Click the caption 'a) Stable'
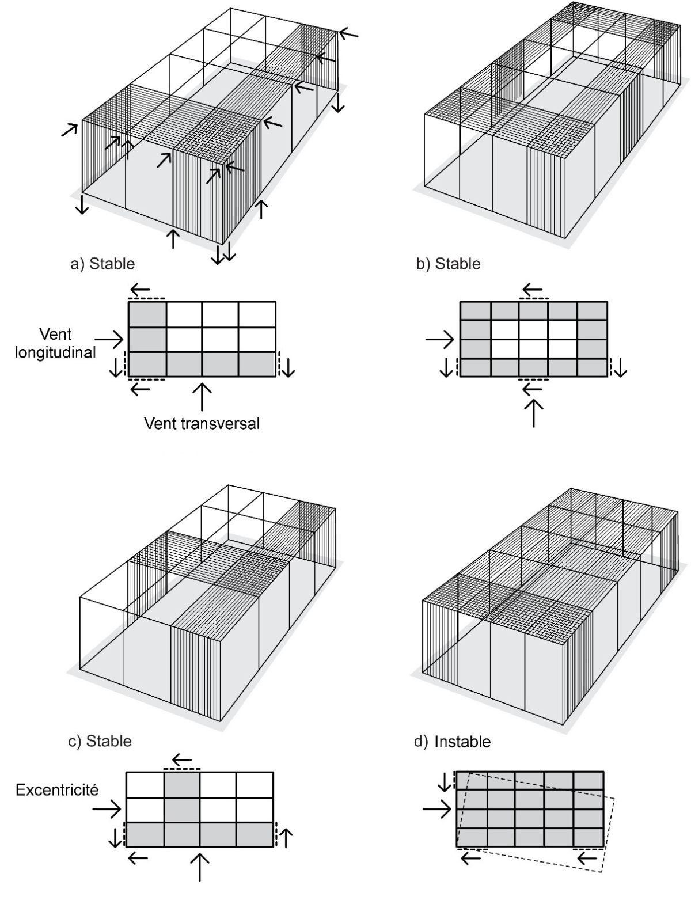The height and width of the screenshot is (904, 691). click(102, 264)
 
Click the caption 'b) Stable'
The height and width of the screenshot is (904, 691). click(448, 264)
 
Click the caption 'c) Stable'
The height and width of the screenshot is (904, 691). click(100, 740)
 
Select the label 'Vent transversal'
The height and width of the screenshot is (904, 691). click(202, 424)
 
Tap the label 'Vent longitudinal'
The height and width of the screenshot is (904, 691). click(55, 343)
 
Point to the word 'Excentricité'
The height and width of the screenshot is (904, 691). click(57, 790)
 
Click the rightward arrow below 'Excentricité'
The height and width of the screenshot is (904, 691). click(107, 810)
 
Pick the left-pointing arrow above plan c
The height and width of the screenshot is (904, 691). click(182, 760)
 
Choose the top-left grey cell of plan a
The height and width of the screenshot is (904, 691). click(147, 314)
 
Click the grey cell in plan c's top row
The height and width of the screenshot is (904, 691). click(182, 785)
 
